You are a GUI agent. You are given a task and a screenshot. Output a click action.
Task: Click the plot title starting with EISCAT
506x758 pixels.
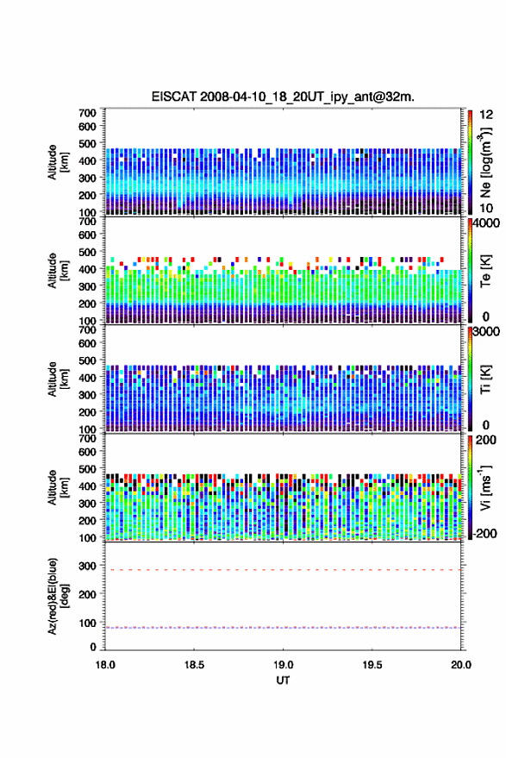283,97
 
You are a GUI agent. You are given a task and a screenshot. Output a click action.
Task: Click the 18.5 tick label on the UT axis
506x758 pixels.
194,665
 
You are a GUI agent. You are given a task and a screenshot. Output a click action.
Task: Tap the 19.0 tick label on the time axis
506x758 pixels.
283,665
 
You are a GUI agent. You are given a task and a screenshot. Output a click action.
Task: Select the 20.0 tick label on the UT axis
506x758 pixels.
460,665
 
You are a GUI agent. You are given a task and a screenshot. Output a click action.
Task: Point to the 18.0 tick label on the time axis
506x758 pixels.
105,665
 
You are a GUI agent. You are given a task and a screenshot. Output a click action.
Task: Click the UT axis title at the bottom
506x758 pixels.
283,680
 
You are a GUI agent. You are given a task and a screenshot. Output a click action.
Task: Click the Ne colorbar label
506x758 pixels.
485,162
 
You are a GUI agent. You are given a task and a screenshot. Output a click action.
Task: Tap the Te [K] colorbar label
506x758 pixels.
485,271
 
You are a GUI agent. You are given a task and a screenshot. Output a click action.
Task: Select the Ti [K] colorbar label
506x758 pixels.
485,379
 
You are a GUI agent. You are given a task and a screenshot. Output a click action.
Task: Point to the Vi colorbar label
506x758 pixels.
485,487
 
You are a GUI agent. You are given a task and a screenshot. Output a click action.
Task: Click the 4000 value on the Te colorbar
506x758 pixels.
486,224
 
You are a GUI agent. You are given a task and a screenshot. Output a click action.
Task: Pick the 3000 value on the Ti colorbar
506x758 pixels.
486,332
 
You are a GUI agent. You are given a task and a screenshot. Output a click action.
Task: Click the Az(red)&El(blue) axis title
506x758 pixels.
58,596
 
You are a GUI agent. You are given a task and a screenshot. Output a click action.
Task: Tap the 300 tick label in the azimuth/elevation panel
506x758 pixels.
87,566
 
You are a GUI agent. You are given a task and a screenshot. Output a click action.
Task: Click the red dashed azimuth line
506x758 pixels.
283,570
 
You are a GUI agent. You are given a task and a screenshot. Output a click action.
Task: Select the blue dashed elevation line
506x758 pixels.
283,628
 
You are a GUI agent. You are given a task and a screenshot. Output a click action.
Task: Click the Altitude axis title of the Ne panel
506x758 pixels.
58,162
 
